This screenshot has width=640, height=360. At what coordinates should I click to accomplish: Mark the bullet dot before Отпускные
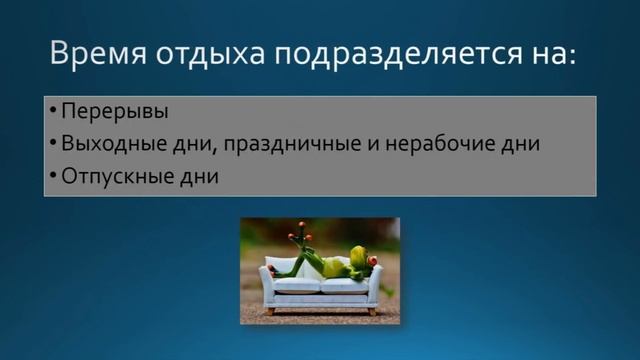click(53, 175)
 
